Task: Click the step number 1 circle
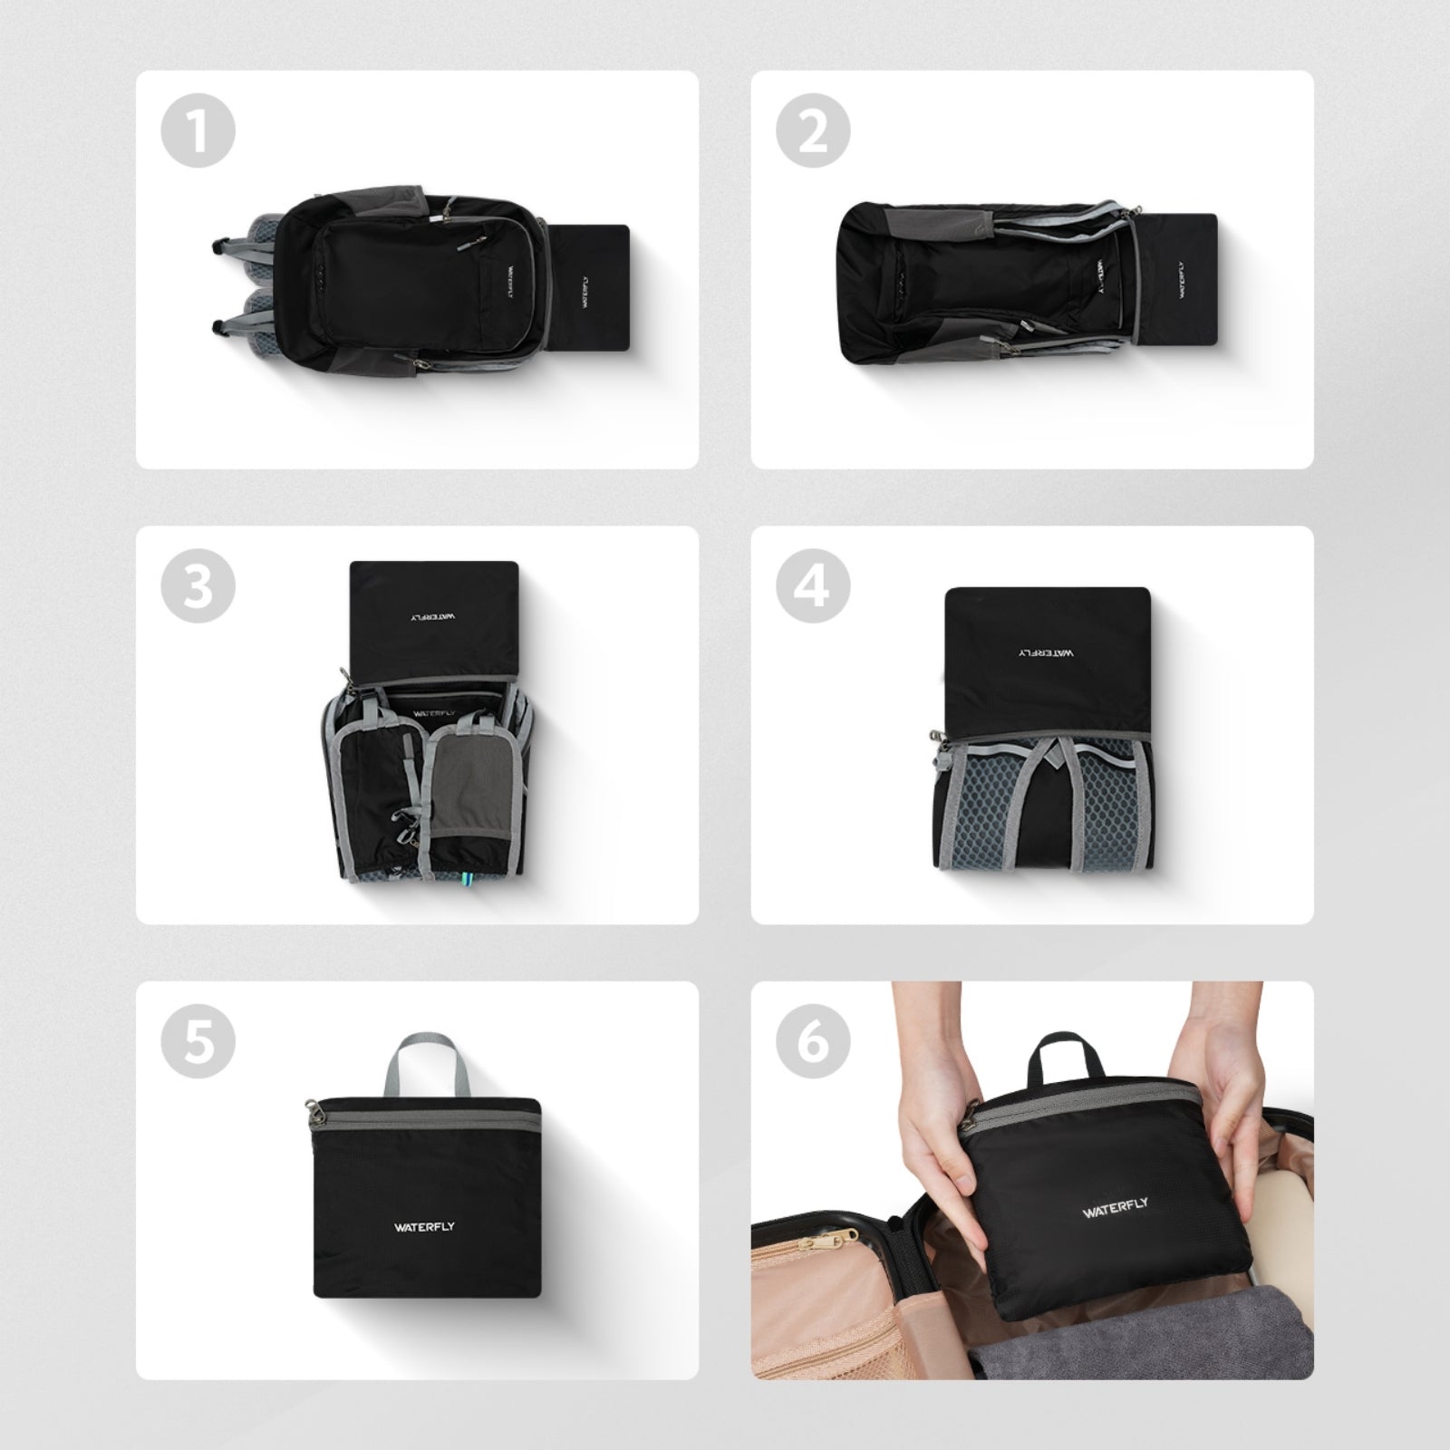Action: coord(198,132)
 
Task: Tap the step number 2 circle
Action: coord(813,132)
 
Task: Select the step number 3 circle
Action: coord(198,586)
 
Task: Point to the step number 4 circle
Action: coord(813,586)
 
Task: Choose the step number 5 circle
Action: coord(198,1041)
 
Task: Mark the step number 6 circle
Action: coord(813,1041)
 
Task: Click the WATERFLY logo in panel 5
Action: coord(424,1227)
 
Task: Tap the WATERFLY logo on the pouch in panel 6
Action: coord(1115,1208)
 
